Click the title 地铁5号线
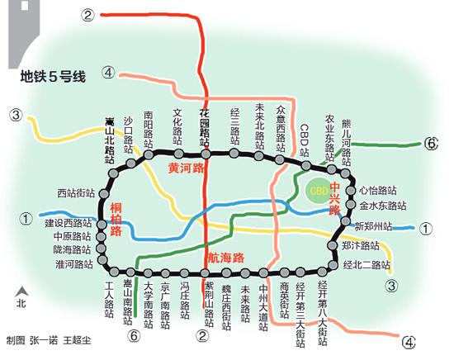54,80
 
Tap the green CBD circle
319,190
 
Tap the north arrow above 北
21,290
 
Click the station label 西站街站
75,194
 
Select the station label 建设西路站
69,223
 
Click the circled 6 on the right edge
430,144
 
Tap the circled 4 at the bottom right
408,342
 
